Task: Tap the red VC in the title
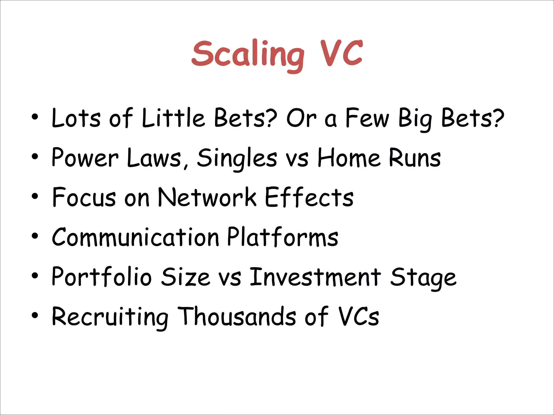[341, 53]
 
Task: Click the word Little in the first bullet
[173, 118]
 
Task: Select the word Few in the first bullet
[367, 118]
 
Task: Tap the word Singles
[237, 158]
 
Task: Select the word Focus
[84, 197]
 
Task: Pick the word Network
[207, 197]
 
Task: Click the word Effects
[309, 197]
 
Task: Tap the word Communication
[135, 237]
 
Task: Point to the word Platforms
[283, 237]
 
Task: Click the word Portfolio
[101, 277]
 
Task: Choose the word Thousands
[238, 316]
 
